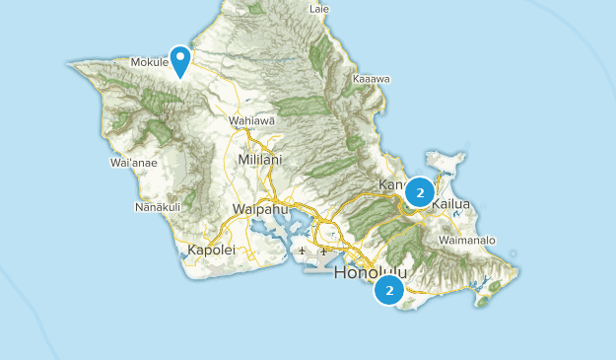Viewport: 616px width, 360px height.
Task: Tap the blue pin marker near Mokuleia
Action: pyautogui.click(x=180, y=60)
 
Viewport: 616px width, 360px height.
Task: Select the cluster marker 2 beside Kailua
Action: pyautogui.click(x=420, y=192)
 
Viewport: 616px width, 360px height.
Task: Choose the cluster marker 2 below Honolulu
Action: pyautogui.click(x=389, y=291)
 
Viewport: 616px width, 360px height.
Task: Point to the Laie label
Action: pyautogui.click(x=318, y=9)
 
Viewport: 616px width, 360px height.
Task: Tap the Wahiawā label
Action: pyautogui.click(x=250, y=121)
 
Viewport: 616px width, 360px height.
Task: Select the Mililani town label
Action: pyautogui.click(x=259, y=159)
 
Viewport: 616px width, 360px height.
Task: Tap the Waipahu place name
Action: pyautogui.click(x=258, y=208)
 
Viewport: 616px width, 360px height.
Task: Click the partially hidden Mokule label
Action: pyautogui.click(x=151, y=61)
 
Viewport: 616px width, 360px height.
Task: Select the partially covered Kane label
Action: pyautogui.click(x=392, y=185)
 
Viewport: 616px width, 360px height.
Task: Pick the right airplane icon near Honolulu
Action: pyautogui.click(x=322, y=252)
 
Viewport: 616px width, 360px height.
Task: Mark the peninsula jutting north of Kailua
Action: pyautogui.click(x=446, y=164)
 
